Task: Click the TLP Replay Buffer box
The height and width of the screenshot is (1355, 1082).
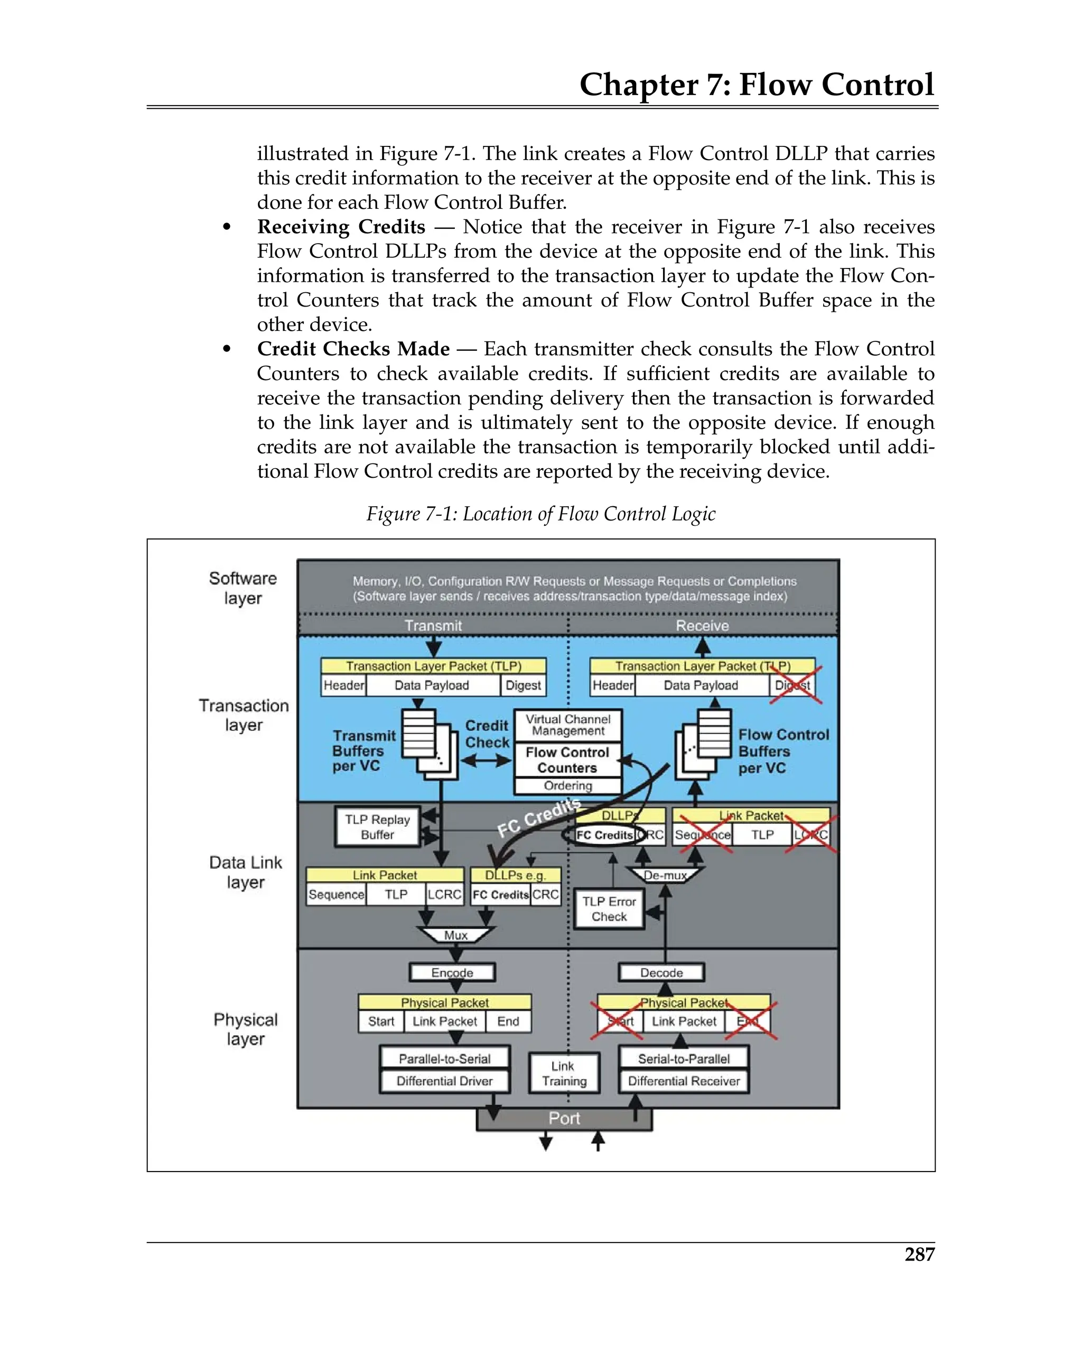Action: coord(377,827)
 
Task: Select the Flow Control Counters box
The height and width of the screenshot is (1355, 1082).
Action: coord(567,760)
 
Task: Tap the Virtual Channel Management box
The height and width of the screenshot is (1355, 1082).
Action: coord(567,725)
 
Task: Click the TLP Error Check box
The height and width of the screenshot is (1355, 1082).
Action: coord(609,909)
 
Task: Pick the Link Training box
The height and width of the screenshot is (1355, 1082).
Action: coord(564,1073)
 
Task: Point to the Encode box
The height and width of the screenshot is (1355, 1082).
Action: coord(452,972)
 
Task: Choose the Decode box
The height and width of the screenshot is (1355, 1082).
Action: coord(661,972)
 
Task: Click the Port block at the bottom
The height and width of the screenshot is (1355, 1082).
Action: coord(564,1118)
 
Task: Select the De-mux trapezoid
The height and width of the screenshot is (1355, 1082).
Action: coord(665,875)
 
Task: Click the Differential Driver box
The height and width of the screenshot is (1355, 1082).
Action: coord(444,1081)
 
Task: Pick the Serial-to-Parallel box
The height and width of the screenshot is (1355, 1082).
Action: coord(684,1059)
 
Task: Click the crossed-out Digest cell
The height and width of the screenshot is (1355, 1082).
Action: coord(792,685)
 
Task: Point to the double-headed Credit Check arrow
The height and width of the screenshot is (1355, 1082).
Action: coord(487,760)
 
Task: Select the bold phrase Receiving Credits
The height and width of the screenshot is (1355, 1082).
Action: coord(341,226)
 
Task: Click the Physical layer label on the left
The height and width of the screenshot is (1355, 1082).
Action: coord(245,1029)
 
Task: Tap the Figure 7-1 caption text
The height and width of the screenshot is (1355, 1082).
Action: coord(540,514)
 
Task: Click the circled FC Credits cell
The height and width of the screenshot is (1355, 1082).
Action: coord(604,834)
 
